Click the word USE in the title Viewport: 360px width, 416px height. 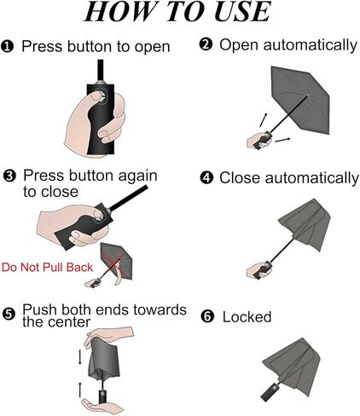242,11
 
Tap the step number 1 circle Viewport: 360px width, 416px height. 8,46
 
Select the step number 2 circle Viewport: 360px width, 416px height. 206,44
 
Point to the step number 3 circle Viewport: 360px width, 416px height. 9,176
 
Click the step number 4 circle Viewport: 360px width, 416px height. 206,178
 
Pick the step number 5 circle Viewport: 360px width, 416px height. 9,315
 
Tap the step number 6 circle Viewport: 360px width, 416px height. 207,316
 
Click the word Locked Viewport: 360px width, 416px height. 247,317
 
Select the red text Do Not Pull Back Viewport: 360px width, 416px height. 47,268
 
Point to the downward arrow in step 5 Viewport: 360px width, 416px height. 80,357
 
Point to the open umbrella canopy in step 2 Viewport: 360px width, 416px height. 300,100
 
